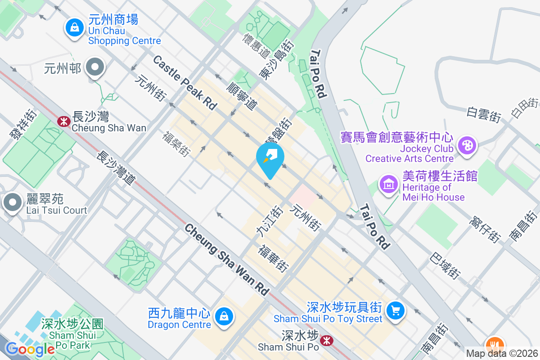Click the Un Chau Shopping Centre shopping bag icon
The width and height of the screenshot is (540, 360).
click(73, 28)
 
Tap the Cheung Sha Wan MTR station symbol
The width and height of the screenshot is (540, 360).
click(63, 120)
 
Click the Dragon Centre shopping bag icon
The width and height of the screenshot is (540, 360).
click(223, 316)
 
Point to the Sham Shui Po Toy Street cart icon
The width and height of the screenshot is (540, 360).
click(396, 310)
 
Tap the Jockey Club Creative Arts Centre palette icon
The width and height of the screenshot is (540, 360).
click(467, 145)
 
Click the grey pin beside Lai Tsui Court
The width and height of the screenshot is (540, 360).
click(13, 202)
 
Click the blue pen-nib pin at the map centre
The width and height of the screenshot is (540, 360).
click(270, 158)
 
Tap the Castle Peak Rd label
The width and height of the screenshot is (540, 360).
click(185, 82)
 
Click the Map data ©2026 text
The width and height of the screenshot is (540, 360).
click(501, 354)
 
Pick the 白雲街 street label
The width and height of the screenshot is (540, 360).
click(484, 114)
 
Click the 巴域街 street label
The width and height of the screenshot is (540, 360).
click(445, 265)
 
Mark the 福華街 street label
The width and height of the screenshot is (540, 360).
click(273, 258)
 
